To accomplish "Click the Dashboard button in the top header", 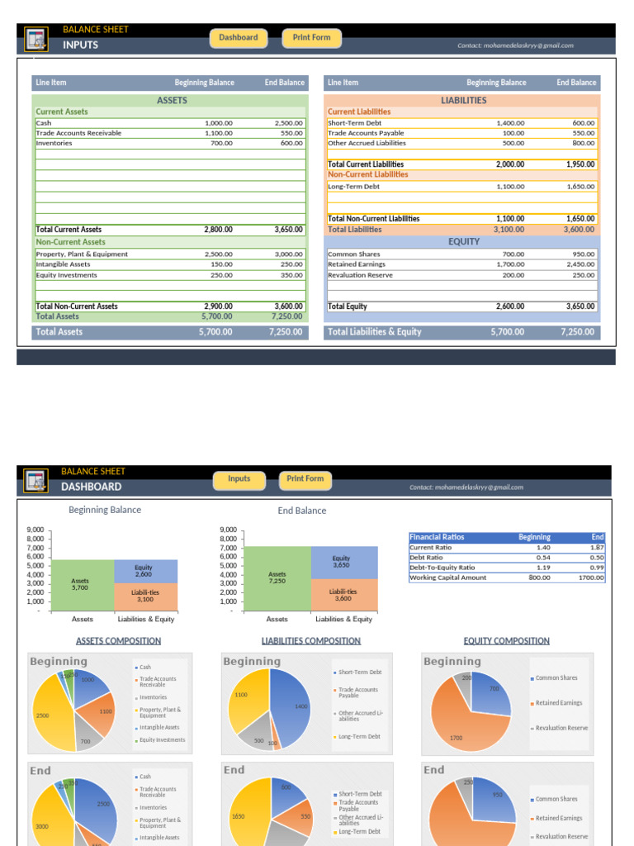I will pyautogui.click(x=238, y=38).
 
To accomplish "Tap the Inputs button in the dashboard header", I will pyautogui.click(x=239, y=479).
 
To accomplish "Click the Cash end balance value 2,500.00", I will pyautogui.click(x=288, y=123).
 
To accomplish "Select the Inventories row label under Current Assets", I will pyautogui.click(x=54, y=143).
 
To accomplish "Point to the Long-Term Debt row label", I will pyautogui.click(x=353, y=187).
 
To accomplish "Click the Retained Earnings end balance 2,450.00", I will pyautogui.click(x=578, y=264).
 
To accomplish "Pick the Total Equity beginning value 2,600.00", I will pyautogui.click(x=509, y=307).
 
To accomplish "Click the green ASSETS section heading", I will pyautogui.click(x=172, y=101).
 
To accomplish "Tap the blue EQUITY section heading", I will pyautogui.click(x=463, y=241).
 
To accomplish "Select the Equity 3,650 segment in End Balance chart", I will pyautogui.click(x=343, y=562).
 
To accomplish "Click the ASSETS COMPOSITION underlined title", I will pyautogui.click(x=118, y=641).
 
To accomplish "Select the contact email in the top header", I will pyautogui.click(x=515, y=46).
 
